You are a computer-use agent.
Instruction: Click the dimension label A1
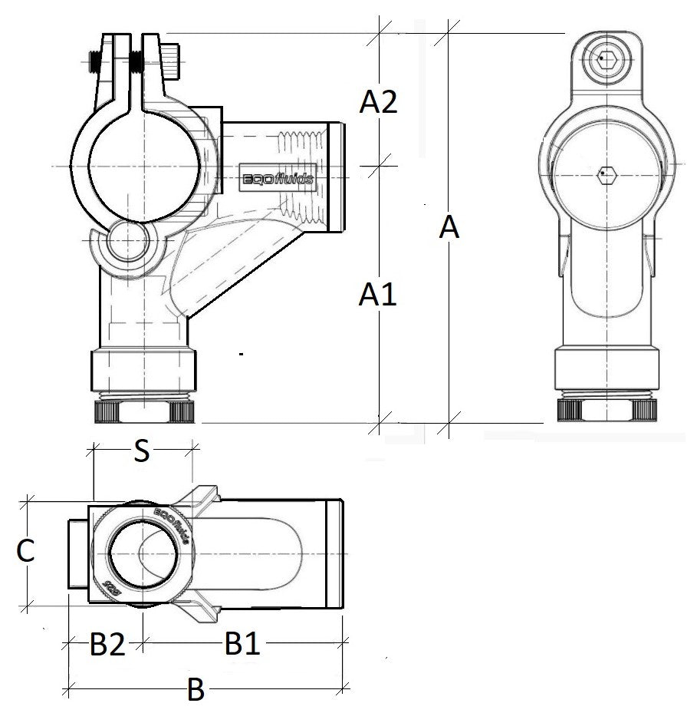pyautogui.click(x=378, y=294)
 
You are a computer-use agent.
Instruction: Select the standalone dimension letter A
pyautogui.click(x=449, y=228)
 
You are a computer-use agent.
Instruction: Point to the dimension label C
pyautogui.click(x=25, y=552)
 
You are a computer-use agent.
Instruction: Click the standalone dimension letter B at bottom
pyautogui.click(x=196, y=692)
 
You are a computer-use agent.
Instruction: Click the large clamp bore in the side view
pyautogui.click(x=146, y=164)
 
